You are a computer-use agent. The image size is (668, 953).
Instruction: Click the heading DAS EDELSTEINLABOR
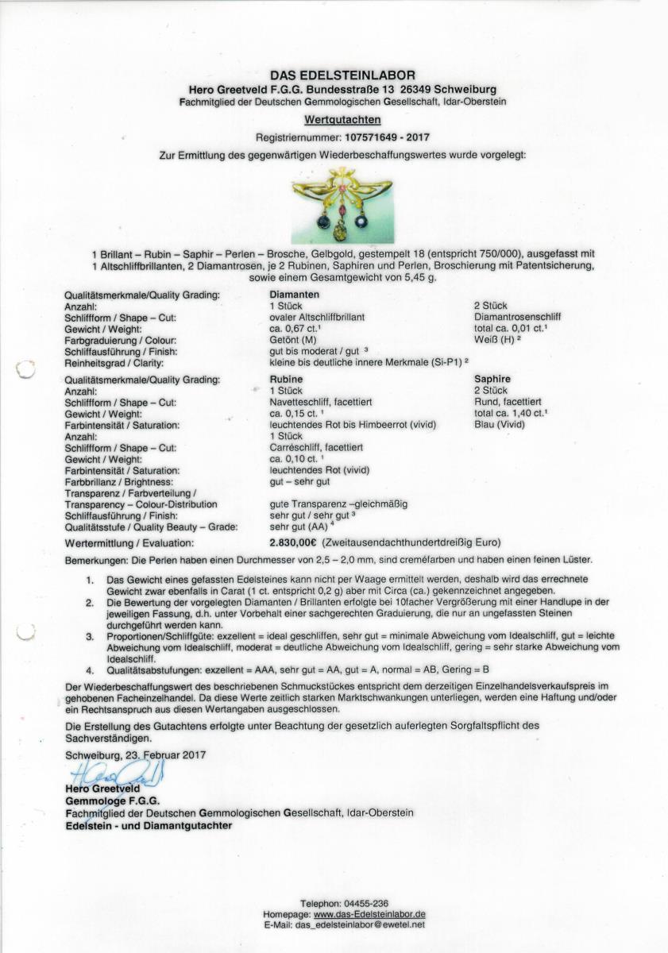tap(342, 75)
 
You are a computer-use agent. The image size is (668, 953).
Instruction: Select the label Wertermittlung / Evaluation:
tap(129, 543)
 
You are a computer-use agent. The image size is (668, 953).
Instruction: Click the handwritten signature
tap(117, 772)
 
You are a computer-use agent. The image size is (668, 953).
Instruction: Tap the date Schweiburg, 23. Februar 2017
tap(136, 755)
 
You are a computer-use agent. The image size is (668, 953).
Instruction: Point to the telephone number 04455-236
tap(366, 904)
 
